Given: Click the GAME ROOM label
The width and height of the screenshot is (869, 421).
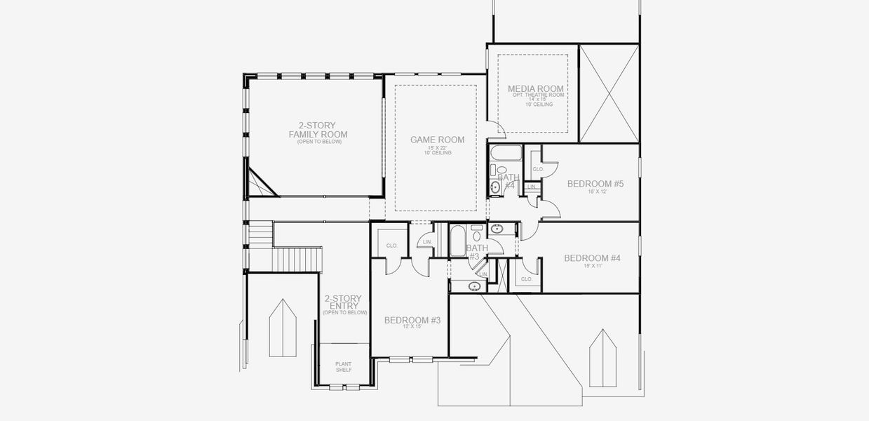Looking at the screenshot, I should pos(436,140).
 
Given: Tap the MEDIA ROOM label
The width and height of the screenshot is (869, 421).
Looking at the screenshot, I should pos(536,89).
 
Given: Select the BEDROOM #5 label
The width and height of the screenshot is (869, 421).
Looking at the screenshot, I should pos(595,184).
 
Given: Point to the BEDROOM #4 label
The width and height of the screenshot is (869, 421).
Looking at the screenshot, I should pos(593,258).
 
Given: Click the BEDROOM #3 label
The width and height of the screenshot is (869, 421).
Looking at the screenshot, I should pos(412,320).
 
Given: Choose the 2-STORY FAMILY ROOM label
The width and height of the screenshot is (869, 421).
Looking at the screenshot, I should pos(318,130).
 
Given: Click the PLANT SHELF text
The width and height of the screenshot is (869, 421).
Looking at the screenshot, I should pos(344,367).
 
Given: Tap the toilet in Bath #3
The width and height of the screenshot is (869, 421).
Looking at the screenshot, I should pos(477,228).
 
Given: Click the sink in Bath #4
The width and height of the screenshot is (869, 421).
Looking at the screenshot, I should pos(495,187).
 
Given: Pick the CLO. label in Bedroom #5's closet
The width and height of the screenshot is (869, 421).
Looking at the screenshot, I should pos(538,169).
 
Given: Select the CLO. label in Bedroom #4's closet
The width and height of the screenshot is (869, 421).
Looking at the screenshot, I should pos(527,279).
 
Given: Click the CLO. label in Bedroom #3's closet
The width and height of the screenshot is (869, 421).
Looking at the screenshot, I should pos(392,246).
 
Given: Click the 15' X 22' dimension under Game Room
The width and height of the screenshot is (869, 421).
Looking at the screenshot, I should pos(436,147).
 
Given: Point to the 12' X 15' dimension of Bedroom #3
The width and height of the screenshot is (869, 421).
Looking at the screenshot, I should pos(412,327).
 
